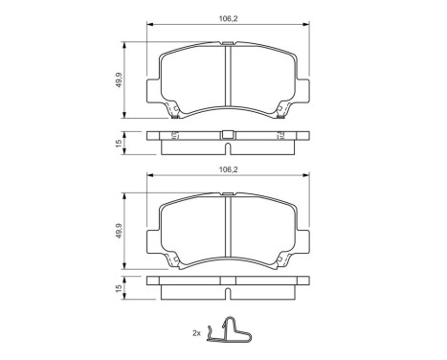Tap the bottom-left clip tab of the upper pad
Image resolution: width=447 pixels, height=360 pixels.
pyautogui.click(x=174, y=113)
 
